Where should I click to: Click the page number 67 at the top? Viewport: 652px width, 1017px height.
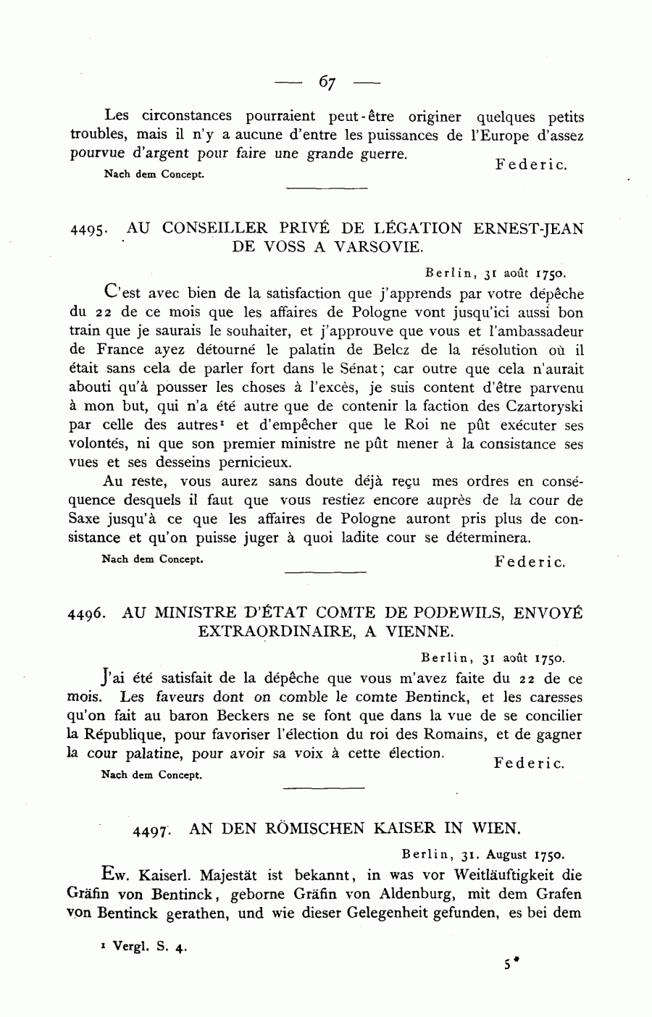(326, 83)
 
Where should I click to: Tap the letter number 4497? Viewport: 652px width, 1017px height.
(151, 831)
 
